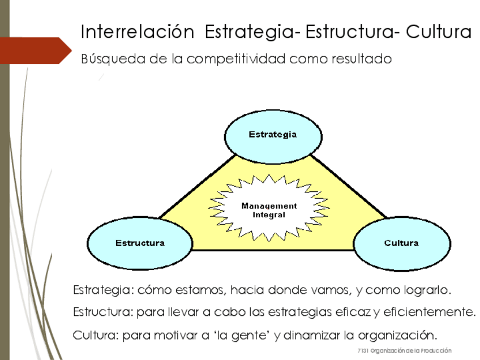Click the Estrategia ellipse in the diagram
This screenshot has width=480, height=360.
click(x=273, y=135)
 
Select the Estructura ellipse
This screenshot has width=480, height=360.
click(x=140, y=243)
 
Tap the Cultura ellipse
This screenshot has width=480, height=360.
click(x=401, y=243)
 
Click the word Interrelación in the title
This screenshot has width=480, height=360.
click(x=137, y=32)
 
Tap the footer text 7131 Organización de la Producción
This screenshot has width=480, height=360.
click(x=405, y=352)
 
